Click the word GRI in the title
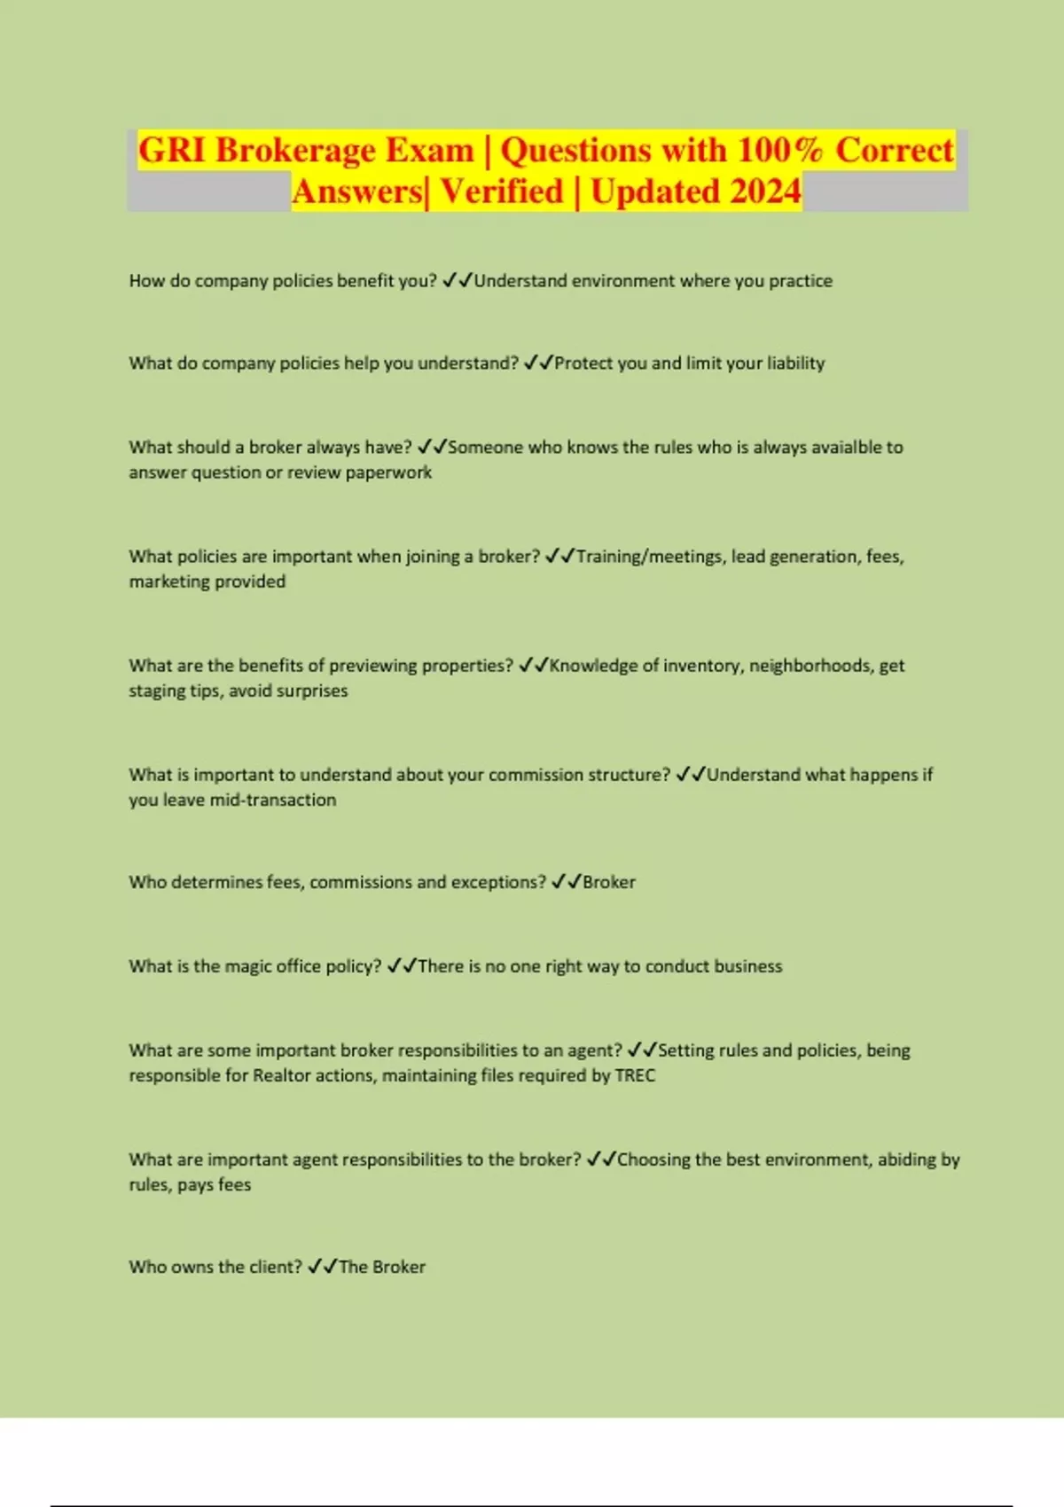tap(172, 150)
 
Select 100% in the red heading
tap(780, 150)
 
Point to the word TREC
tap(635, 1075)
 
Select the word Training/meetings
tap(650, 556)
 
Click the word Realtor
tap(282, 1075)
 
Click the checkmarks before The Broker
tap(322, 1267)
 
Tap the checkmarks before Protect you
tap(537, 363)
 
